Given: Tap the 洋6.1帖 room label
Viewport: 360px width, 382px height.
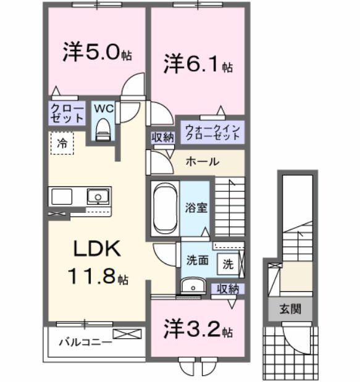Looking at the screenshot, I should [198, 64].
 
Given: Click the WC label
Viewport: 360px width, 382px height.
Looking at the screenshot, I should [103, 108].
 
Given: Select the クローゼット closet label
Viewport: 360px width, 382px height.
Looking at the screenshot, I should [67, 112].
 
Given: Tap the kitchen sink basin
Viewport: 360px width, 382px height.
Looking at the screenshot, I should [96, 197].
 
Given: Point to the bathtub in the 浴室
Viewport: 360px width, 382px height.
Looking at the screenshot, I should [164, 207].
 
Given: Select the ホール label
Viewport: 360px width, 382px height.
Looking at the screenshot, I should [201, 162].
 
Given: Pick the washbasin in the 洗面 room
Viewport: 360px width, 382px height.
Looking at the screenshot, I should [193, 286].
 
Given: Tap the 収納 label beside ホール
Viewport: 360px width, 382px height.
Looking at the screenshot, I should [163, 137].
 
